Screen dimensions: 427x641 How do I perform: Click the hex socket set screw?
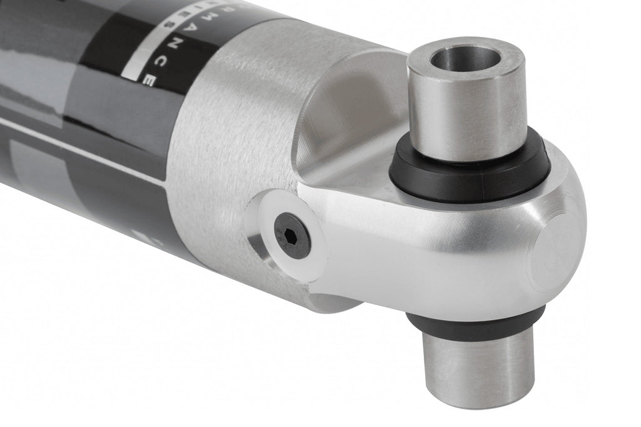coord(292,235)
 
